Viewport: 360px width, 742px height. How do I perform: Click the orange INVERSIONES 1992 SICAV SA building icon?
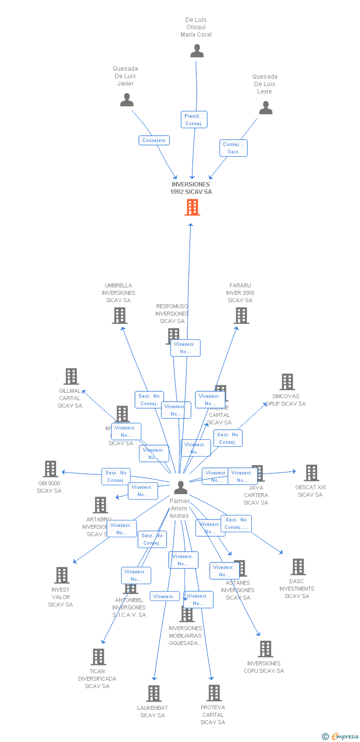192,207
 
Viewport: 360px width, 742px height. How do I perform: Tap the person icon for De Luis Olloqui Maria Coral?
197,51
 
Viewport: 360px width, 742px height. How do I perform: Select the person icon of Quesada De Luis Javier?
127,100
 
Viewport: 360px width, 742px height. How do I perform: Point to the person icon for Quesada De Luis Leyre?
266,108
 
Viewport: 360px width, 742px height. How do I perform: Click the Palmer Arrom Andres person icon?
180,488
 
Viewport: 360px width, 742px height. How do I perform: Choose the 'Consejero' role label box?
154,140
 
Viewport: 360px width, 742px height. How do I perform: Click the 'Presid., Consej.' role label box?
194,120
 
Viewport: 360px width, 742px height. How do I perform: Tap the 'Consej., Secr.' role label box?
233,148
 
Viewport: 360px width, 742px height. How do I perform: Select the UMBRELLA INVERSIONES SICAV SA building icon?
120,315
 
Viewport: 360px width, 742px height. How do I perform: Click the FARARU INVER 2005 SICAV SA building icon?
241,315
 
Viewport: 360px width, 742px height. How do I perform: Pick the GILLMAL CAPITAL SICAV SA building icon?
71,376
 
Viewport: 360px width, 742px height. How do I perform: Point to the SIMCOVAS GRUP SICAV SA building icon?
287,382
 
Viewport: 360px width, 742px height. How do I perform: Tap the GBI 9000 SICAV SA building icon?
50,469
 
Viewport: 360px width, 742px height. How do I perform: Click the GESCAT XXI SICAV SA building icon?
311,473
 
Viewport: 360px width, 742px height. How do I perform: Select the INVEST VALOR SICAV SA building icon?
62,575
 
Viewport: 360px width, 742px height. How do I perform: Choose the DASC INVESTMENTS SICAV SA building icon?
298,567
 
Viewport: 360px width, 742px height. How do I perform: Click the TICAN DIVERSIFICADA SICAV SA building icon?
98,657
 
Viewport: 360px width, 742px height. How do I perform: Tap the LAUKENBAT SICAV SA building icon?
154,694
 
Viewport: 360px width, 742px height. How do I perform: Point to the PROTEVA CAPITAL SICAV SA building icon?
214,693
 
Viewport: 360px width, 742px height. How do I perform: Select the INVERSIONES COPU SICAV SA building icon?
266,649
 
